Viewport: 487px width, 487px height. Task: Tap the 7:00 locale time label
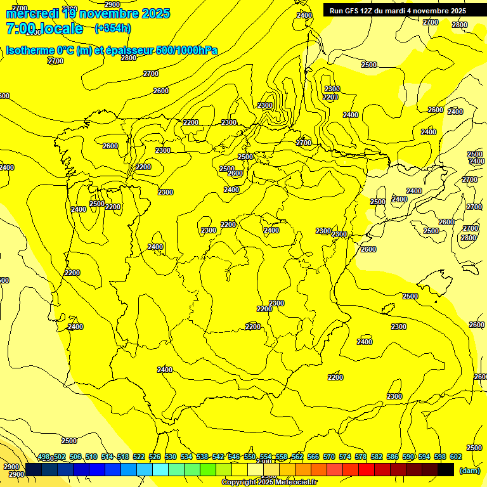coord(44,29)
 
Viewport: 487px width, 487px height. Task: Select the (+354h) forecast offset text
coord(112,28)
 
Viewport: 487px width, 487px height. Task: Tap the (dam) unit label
coord(469,470)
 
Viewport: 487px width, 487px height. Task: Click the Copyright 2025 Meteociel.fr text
coord(269,483)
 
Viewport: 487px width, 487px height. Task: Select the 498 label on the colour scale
coord(44,457)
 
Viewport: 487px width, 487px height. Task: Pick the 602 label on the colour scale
coord(456,457)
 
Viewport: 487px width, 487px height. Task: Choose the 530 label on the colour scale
coord(171,457)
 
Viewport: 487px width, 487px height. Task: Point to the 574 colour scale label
coord(345,457)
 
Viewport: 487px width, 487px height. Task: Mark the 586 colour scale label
coord(393,457)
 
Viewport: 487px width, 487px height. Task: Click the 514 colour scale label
coord(107,457)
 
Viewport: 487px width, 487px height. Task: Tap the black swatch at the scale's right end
coord(446,469)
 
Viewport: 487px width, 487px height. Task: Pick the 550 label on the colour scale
coord(250,457)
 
